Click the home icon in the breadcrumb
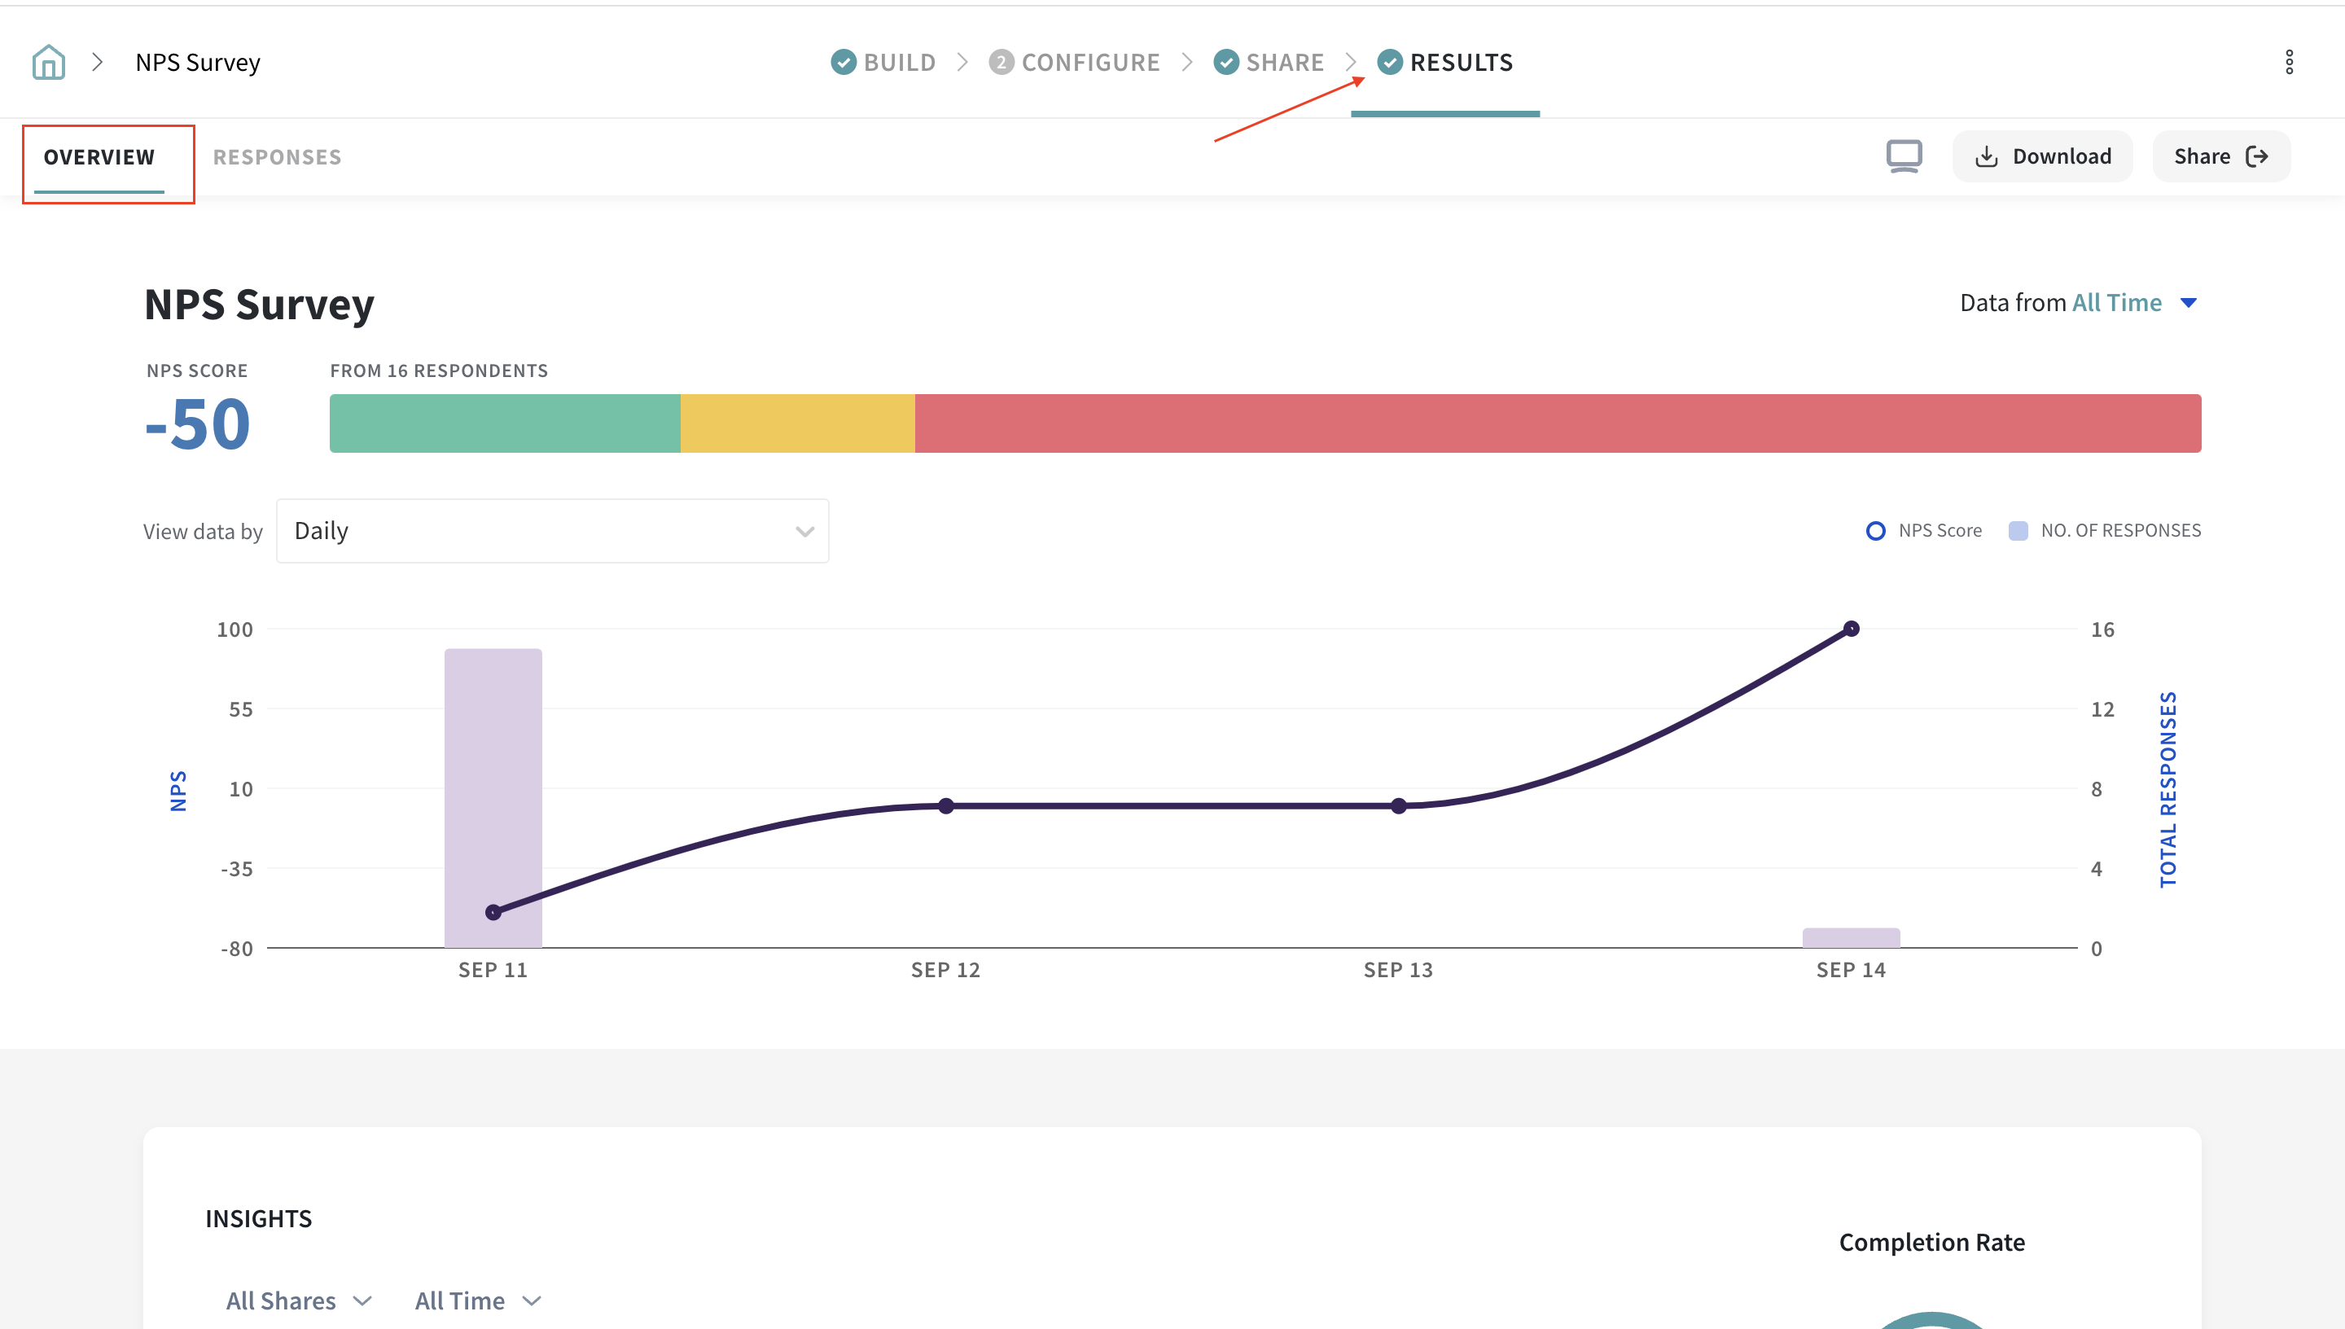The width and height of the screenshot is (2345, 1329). point(48,62)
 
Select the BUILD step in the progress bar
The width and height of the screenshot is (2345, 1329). point(883,62)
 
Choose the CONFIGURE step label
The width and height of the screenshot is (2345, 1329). point(1089,62)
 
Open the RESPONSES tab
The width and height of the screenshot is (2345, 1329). point(278,157)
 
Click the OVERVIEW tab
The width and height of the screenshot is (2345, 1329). point(99,157)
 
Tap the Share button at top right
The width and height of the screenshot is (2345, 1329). point(2220,156)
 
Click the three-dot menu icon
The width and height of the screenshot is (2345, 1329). point(2289,62)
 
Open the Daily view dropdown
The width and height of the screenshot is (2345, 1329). point(552,531)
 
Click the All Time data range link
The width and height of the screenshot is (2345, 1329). point(2117,303)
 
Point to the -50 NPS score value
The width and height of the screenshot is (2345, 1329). point(198,424)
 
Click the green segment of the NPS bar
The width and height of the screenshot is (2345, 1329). point(505,423)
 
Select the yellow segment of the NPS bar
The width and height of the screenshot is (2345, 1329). point(797,423)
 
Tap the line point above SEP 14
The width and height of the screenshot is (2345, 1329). point(1851,629)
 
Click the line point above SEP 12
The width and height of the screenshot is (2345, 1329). point(946,806)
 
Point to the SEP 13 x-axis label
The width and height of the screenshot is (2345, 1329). point(1398,970)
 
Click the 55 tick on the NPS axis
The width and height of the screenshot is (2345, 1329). point(241,709)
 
